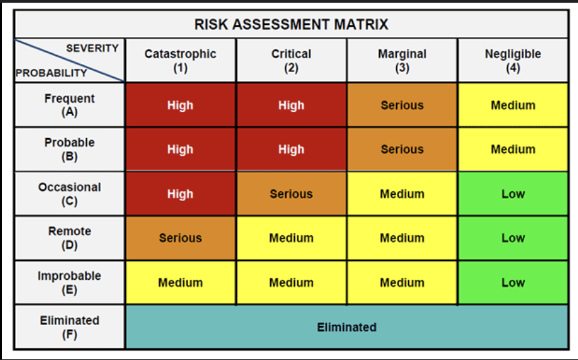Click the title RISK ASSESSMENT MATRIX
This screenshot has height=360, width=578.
pos(291,24)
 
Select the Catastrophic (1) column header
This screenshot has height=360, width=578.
pos(181,61)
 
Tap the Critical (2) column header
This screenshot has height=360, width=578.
pos(291,61)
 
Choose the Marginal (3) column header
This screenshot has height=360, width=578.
pos(402,61)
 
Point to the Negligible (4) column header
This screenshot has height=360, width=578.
pos(513,61)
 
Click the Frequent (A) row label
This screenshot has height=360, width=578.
pos(69,105)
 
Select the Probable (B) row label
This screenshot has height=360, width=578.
pos(69,150)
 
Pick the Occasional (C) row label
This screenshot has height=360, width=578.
pos(69,194)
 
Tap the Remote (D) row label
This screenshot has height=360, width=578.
pos(69,238)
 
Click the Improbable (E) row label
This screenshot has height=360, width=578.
pos(69,283)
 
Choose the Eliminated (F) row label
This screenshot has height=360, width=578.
pos(69,327)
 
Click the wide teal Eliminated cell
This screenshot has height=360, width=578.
pos(347,327)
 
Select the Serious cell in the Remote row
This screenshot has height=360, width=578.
pos(181,238)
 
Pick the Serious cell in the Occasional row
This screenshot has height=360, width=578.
pos(291,193)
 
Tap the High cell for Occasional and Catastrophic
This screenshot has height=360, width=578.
pos(181,193)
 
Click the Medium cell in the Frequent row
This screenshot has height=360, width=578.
pos(513,105)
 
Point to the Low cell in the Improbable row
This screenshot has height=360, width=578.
pos(513,282)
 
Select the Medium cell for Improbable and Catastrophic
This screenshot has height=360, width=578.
pos(181,282)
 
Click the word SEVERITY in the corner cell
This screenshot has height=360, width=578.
pos(92,49)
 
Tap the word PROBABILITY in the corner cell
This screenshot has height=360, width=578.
pos(51,73)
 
